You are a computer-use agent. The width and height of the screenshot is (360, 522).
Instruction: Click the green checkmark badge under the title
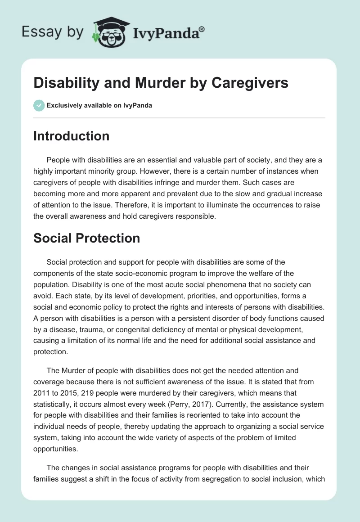pyautogui.click(x=39, y=106)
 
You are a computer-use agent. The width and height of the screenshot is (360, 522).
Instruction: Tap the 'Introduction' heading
pyautogui.click(x=71, y=136)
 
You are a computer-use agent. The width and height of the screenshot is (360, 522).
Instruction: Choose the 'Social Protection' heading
pyautogui.click(x=86, y=238)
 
